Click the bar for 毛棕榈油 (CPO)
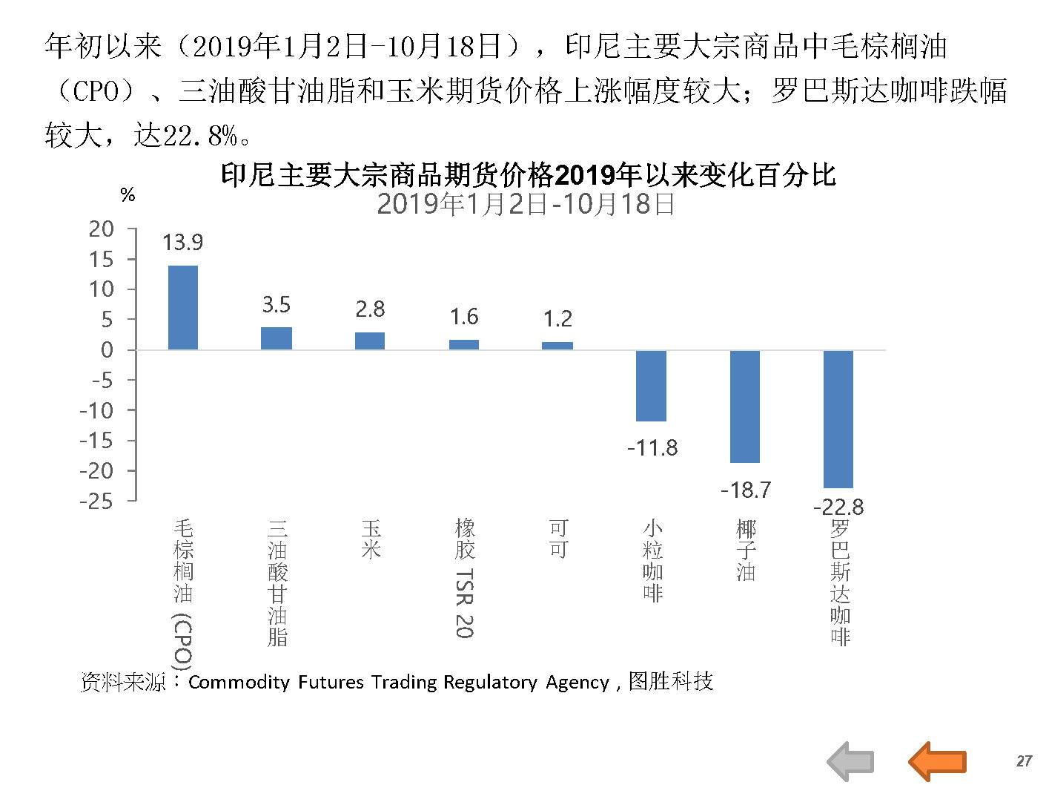[183, 307]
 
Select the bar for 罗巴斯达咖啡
[838, 418]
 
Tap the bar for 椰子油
[745, 407]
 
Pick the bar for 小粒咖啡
[651, 386]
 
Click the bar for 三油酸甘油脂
[277, 338]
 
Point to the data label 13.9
[182, 243]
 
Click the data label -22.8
[838, 508]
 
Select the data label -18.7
[746, 490]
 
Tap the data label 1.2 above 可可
[557, 320]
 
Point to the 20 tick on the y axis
[102, 229]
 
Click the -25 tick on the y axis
[96, 502]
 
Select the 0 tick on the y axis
[107, 350]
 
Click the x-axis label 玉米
[371, 539]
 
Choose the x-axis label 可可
[558, 539]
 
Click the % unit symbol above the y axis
[128, 195]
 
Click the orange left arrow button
[937, 761]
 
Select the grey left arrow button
[850, 761]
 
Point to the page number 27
[1024, 761]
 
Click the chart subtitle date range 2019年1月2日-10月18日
[526, 204]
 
